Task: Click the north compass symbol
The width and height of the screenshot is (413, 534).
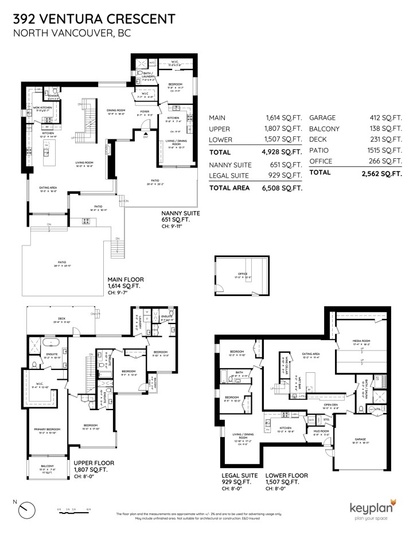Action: pyautogui.click(x=26, y=508)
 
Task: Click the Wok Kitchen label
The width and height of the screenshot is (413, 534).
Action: pyautogui.click(x=44, y=107)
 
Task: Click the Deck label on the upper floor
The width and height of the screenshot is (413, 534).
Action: pyautogui.click(x=61, y=319)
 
